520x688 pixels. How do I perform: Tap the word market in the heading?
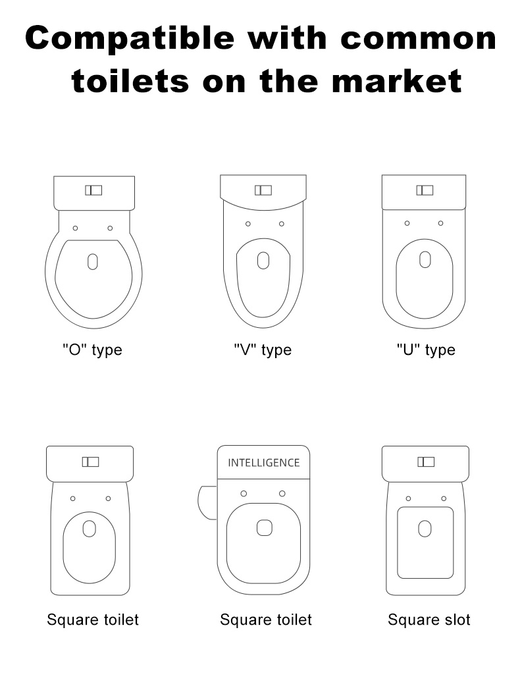(397, 81)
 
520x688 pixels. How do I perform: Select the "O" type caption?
(92, 350)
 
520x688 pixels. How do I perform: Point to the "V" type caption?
(263, 350)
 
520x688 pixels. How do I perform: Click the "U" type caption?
(426, 350)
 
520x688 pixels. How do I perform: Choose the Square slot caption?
(429, 620)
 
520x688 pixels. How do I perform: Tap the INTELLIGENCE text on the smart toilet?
(264, 463)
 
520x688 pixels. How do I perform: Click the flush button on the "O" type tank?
(93, 190)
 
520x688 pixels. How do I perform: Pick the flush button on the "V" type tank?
(263, 190)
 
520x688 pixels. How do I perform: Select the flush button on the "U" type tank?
(425, 190)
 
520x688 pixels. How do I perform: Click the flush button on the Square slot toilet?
(426, 462)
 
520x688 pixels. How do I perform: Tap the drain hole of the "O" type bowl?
(93, 261)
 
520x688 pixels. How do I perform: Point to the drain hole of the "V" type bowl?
(263, 260)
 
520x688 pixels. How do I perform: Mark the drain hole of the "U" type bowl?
(425, 259)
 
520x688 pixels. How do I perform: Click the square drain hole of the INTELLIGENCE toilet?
(264, 528)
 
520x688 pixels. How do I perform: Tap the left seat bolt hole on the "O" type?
(76, 228)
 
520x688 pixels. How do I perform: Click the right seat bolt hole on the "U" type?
(440, 223)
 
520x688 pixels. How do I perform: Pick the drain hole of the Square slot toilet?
(425, 529)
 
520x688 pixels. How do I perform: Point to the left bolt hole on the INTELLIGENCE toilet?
(244, 494)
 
